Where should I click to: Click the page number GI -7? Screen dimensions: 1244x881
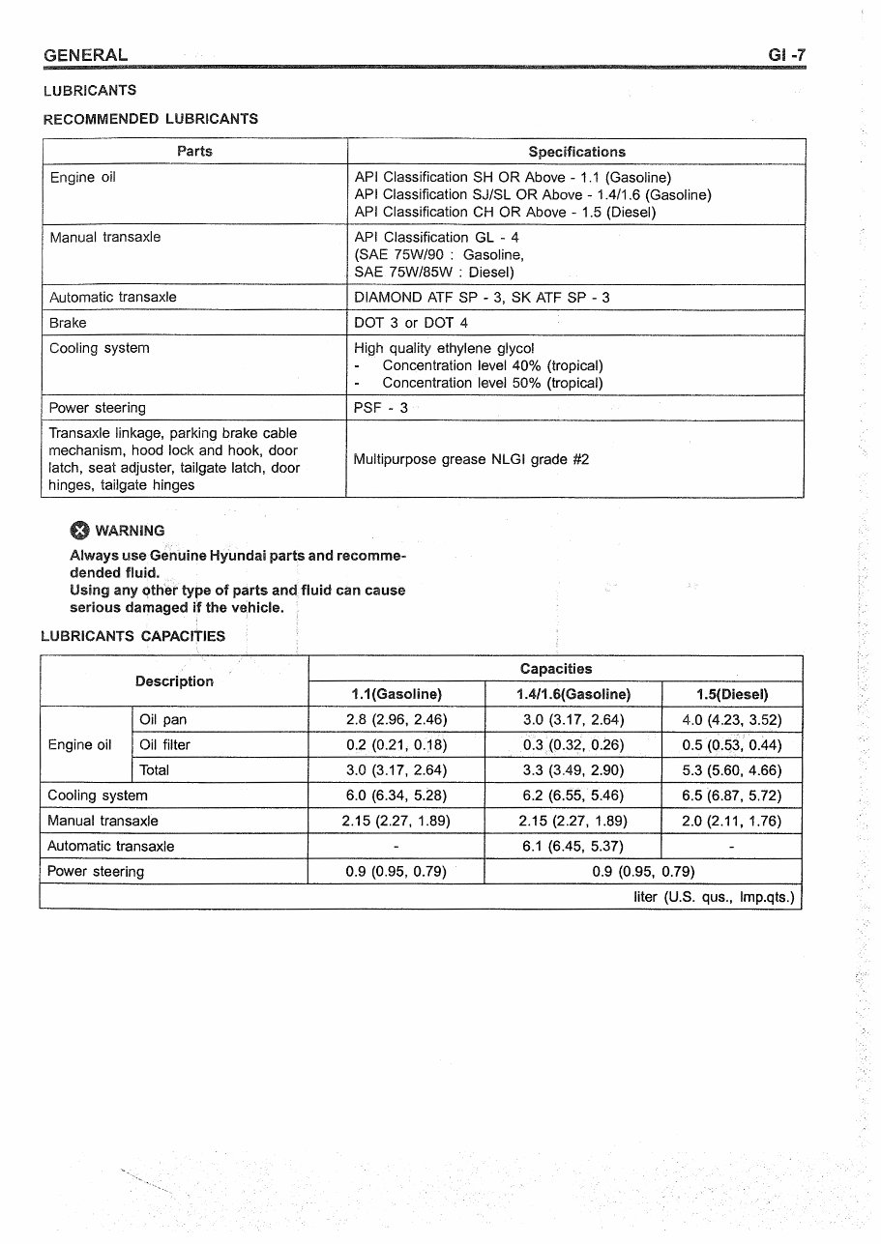[x=786, y=55]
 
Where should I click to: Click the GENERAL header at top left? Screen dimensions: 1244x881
[x=85, y=55]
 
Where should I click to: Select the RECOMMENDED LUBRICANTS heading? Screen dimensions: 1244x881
[x=150, y=119]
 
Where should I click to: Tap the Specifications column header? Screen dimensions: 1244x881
[x=576, y=152]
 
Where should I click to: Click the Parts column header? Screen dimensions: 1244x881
[x=194, y=151]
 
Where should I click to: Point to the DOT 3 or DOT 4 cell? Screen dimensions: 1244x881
[x=411, y=323]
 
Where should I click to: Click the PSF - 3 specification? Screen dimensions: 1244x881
[x=381, y=408]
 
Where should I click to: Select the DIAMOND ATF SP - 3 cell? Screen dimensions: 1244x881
[x=482, y=298]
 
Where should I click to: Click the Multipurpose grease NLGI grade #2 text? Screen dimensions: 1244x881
[x=471, y=460]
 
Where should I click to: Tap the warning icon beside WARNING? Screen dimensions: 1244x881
[x=79, y=530]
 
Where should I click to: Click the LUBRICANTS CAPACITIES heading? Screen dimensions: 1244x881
[x=132, y=636]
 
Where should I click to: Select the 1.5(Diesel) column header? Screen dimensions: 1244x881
[x=732, y=694]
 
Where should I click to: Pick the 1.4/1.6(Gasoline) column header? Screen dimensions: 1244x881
[x=573, y=694]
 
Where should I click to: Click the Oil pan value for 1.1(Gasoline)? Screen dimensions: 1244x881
[x=396, y=720]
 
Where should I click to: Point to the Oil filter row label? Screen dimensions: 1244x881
[x=164, y=745]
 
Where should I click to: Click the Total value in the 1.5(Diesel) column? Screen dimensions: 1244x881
[x=732, y=770]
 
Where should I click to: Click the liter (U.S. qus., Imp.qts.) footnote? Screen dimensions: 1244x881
[x=713, y=897]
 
